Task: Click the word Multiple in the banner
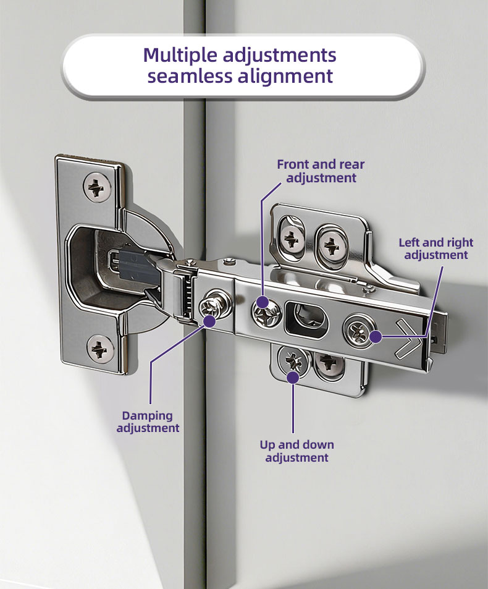[x=180, y=56]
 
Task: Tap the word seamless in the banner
[x=190, y=75]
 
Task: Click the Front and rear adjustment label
[x=321, y=171]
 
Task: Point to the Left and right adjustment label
[x=436, y=248]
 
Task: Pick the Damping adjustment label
[x=148, y=422]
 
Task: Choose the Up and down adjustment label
[x=297, y=451]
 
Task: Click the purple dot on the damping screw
[x=209, y=321]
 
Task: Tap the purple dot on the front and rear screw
[x=263, y=302]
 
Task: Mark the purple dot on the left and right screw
[x=376, y=337]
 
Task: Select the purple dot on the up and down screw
[x=293, y=377]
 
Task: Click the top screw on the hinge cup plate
[x=97, y=187]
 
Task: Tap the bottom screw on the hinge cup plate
[x=100, y=348]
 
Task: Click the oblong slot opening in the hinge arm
[x=306, y=318]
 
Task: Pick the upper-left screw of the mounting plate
[x=292, y=239]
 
